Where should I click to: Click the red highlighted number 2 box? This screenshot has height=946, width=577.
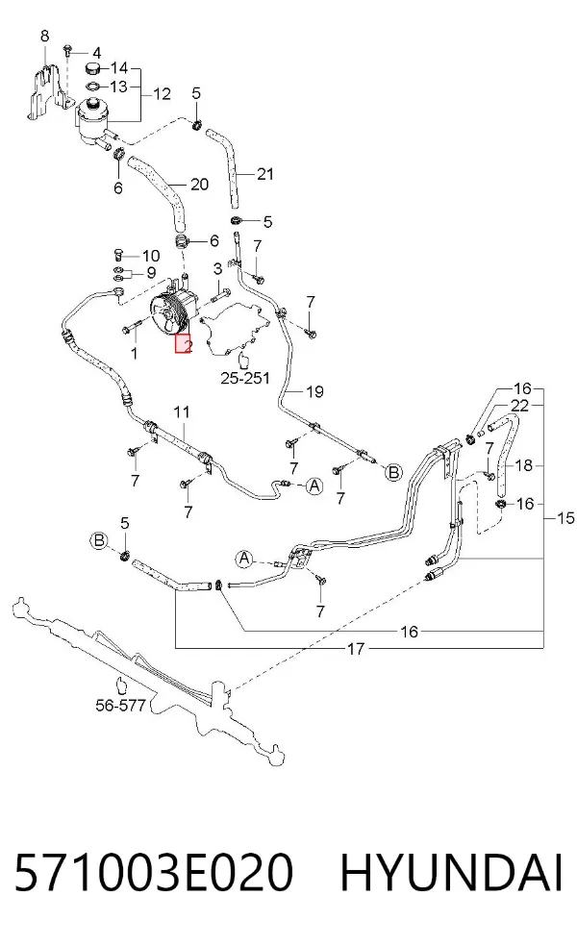coord(184,344)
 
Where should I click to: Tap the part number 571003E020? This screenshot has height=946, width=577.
coord(154,872)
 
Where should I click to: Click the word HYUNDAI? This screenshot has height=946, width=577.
coord(451,872)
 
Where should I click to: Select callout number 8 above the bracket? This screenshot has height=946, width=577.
coord(44,36)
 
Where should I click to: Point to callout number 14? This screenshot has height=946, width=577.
coord(119,67)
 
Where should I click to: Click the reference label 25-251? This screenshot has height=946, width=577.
coord(244,378)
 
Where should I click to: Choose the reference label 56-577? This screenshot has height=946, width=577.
coord(121,704)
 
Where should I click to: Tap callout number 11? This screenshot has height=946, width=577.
coord(182,412)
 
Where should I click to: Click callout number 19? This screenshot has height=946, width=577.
coord(314,391)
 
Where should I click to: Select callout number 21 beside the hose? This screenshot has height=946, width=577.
coord(265,174)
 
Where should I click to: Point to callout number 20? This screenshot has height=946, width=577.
coord(199,184)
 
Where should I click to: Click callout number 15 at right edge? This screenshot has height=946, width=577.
coord(565,517)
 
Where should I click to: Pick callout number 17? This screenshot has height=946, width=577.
coord(356,649)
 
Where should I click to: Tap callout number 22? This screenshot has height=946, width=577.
coord(519,406)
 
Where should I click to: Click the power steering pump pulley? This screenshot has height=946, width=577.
coord(166,311)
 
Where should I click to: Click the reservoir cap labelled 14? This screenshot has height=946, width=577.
coord(93,66)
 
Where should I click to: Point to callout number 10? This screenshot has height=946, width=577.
coord(150,256)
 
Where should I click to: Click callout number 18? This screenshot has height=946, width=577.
coord(524,465)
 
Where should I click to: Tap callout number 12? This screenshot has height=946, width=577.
coord(162,93)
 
